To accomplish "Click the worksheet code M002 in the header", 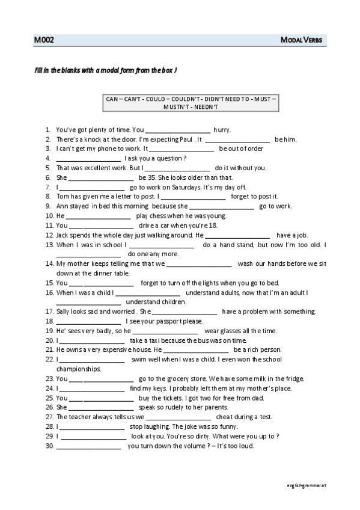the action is point(44,40).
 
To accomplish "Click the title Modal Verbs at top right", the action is point(302,40).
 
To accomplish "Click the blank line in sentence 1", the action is point(178,130).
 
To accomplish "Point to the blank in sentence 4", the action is point(88,159).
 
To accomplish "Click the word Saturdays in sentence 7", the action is point(193,187).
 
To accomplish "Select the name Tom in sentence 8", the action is point(63,197).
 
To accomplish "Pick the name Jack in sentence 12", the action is point(63,235).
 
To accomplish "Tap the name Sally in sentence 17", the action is point(65,312).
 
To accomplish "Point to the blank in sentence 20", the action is point(91,340).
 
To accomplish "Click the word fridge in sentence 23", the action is point(294,378).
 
